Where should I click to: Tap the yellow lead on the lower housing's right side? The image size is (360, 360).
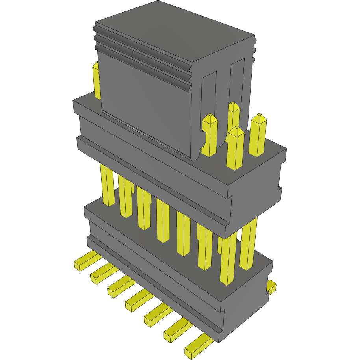point(271,287)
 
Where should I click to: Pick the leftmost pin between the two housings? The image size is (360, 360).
point(108,185)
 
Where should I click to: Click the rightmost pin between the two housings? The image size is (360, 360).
point(248,244)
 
